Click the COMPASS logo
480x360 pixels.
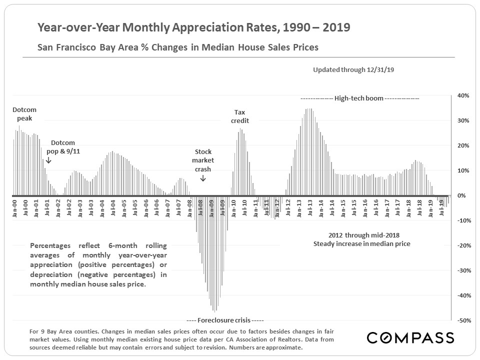pyautogui.click(x=410, y=337)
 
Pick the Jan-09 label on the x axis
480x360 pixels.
pyautogui.click(x=211, y=207)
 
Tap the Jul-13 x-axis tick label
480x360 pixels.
pyautogui.click(x=310, y=207)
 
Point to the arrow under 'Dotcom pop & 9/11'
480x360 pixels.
pyautogui.click(x=48, y=160)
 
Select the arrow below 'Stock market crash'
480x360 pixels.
pyautogui.click(x=203, y=177)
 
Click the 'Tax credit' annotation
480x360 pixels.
pyautogui.click(x=240, y=116)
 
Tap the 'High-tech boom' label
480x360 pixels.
pyautogui.click(x=359, y=98)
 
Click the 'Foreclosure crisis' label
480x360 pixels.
pyautogui.click(x=224, y=320)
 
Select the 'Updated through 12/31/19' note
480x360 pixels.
pyautogui.click(x=353, y=70)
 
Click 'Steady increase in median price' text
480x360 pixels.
pyautogui.click(x=361, y=244)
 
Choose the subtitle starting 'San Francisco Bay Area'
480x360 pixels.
pyautogui.click(x=178, y=48)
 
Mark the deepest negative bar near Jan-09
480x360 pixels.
pyautogui.click(x=214, y=311)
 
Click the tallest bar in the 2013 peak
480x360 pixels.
pyautogui.click(x=310, y=108)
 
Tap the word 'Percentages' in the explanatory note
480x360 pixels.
pyautogui.click(x=50, y=246)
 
